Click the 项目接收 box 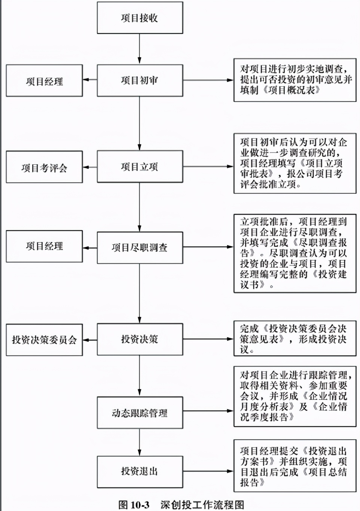[x=140, y=18]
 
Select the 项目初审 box [x=140, y=80]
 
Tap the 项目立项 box [x=140, y=167]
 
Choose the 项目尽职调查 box [x=140, y=248]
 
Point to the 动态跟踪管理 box [x=140, y=413]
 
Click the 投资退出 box [x=140, y=471]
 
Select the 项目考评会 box [x=44, y=167]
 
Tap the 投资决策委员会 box [x=44, y=340]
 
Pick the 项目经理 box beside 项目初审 [x=44, y=81]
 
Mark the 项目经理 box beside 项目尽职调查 [x=44, y=246]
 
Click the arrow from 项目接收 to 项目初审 [x=140, y=49]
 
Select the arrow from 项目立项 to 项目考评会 [x=90, y=167]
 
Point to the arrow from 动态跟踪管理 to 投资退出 [x=140, y=442]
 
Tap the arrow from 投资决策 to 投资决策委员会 [x=90, y=340]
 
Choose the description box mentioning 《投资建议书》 [x=295, y=253]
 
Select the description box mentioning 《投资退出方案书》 [x=295, y=466]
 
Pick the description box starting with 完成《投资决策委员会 [x=295, y=339]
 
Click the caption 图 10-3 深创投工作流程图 [x=181, y=505]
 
